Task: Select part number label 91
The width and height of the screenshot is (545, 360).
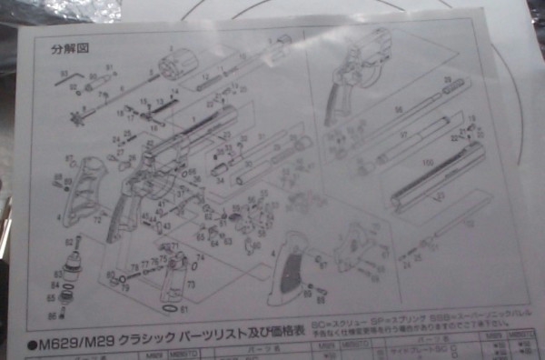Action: pyautogui.click(x=109, y=68)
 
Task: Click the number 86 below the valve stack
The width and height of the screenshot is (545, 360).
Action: pyautogui.click(x=53, y=315)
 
